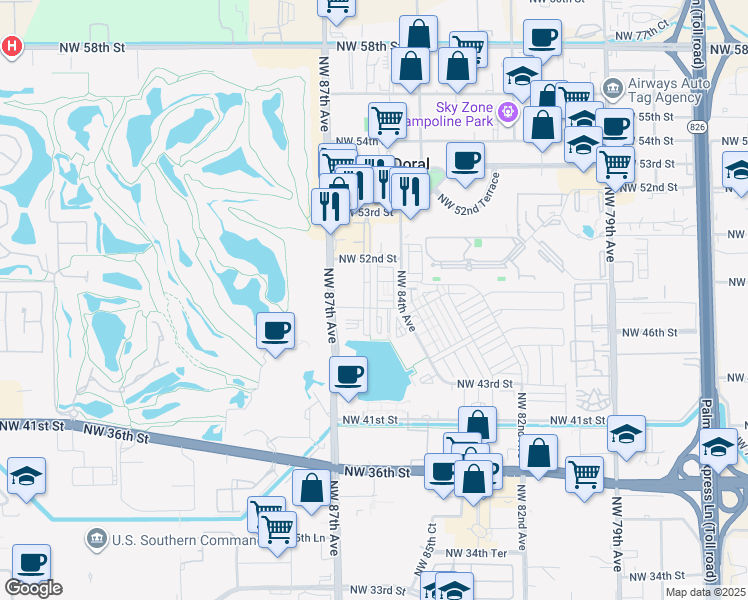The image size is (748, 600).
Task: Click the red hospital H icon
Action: (x=11, y=46)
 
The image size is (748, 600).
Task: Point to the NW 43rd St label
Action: (x=485, y=384)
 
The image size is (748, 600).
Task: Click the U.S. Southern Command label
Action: (x=185, y=541)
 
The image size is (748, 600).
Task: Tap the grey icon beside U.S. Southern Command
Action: (x=97, y=541)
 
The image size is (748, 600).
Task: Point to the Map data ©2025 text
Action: (x=705, y=592)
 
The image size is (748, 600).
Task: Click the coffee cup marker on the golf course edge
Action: (x=276, y=329)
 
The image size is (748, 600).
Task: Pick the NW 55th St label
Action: (x=655, y=117)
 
